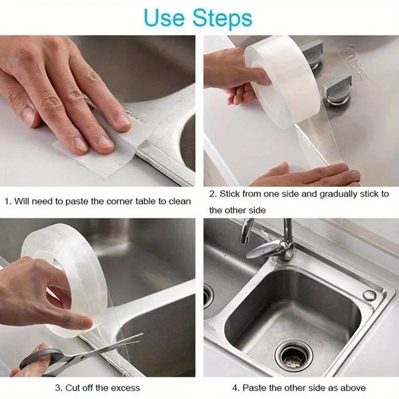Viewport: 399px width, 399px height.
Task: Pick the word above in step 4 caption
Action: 353,388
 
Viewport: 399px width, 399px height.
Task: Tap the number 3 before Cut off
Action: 58,388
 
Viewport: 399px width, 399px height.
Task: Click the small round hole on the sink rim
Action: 369,295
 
